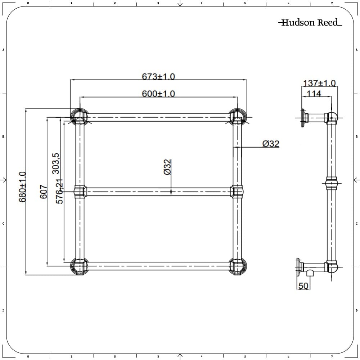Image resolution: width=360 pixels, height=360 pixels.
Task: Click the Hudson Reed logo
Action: pos(310,23)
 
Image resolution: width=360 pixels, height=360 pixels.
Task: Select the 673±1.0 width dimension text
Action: pos(158,77)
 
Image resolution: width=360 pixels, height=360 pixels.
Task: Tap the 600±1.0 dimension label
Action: pos(158,94)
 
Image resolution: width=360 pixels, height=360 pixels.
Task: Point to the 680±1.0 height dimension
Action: pos(22,186)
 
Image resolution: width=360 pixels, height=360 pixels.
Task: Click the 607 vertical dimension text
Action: pos(44,192)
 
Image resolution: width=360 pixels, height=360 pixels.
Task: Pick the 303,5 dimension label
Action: pos(56,163)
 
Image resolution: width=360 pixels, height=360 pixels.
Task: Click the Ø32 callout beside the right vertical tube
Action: pos(271,144)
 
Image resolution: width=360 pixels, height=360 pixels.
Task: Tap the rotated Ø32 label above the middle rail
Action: pos(167,167)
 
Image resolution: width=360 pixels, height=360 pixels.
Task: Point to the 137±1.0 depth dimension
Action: pos(319,84)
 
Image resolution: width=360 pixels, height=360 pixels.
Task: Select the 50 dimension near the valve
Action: pos(303,286)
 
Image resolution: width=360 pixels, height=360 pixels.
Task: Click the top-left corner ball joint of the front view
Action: pos(79,117)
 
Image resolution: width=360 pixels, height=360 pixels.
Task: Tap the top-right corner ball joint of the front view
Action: pos(238,117)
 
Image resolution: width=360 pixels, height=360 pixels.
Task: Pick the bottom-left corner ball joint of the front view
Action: pos(79,266)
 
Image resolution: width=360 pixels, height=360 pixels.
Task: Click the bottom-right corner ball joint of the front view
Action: pos(238,266)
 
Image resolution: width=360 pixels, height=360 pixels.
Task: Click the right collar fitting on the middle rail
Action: pos(237,191)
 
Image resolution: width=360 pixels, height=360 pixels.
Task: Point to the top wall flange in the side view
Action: pos(304,118)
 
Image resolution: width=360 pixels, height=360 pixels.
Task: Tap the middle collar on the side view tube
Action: pos(332,183)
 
